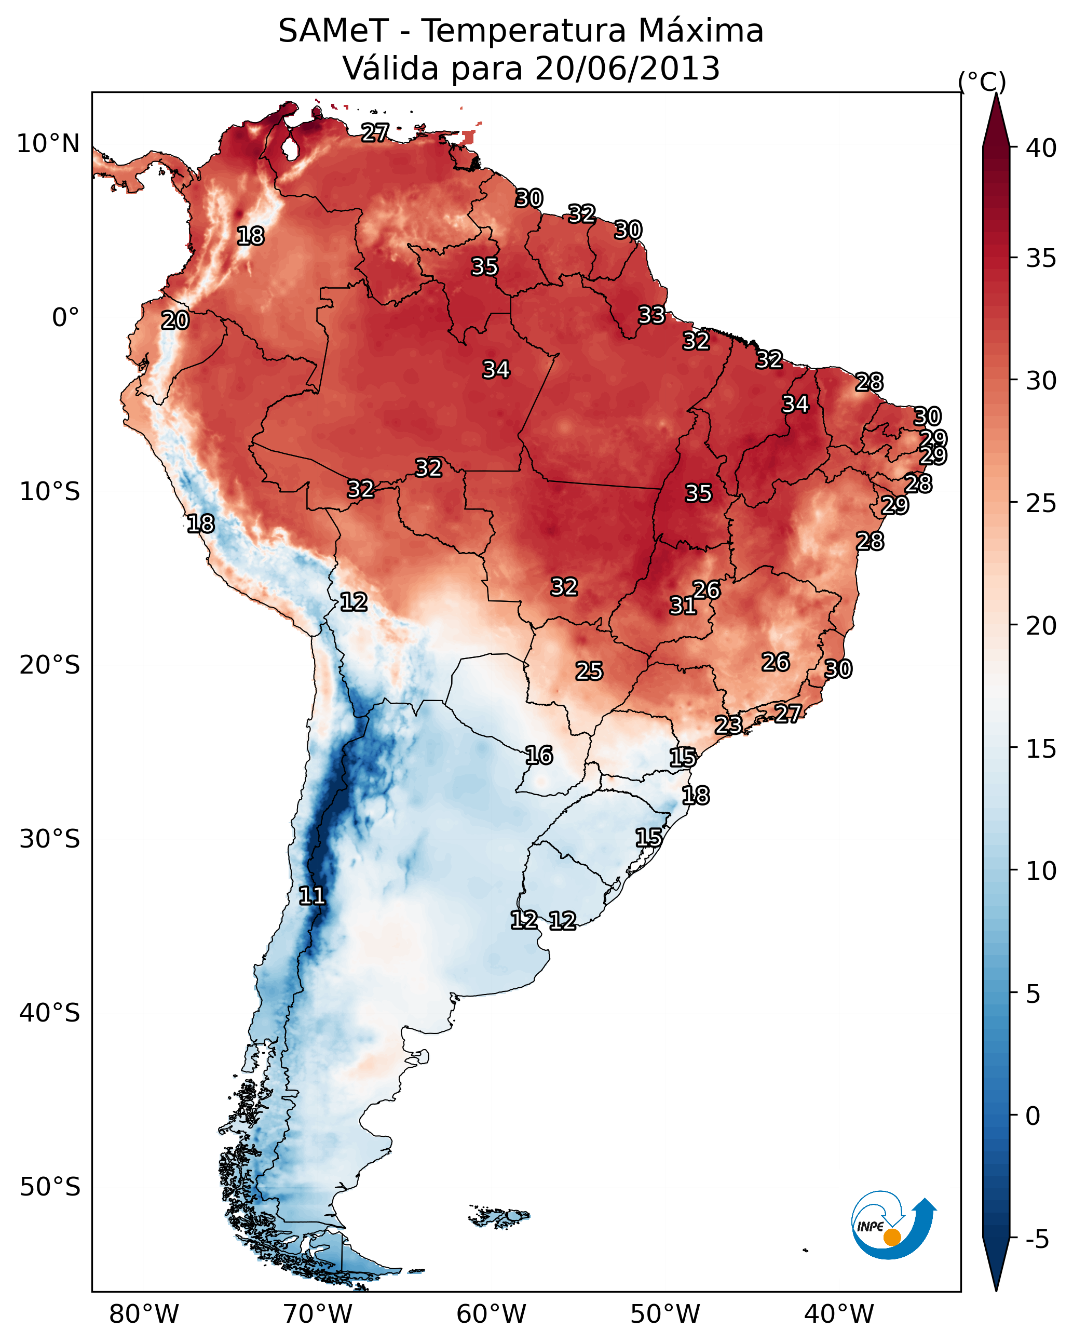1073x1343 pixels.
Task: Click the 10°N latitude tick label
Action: point(48,144)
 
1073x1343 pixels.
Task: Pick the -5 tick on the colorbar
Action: point(1037,1239)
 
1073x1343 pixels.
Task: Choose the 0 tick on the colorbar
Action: point(1033,1116)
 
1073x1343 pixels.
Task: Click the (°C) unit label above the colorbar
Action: point(982,82)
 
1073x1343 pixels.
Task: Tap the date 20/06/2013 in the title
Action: point(627,68)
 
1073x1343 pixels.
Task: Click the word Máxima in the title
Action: point(701,31)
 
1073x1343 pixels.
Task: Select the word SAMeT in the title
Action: point(333,31)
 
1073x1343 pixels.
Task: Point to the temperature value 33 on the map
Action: point(651,315)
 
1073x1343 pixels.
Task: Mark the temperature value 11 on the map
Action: point(312,896)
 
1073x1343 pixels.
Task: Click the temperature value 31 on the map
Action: point(683,606)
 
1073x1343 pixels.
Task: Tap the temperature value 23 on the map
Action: point(728,724)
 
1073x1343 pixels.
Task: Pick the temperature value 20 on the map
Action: point(175,321)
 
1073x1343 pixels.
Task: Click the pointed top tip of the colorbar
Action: point(996,95)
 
